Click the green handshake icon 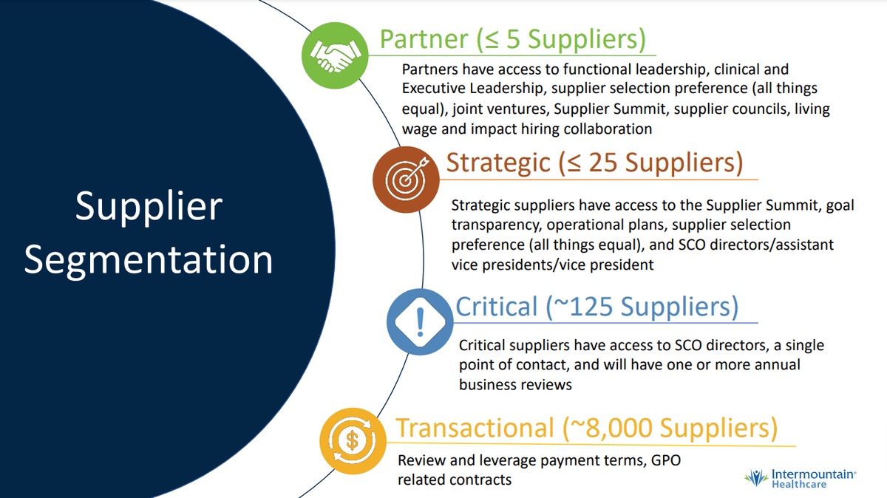click(335, 55)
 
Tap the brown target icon click(406, 180)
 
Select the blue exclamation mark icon click(420, 322)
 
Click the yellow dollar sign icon click(353, 441)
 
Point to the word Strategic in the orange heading click(498, 163)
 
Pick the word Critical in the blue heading click(497, 307)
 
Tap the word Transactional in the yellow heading click(475, 428)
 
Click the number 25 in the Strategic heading click(602, 163)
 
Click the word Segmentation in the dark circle click(149, 260)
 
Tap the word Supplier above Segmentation click(149, 207)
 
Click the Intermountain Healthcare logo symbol click(756, 478)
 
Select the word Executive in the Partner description click(434, 88)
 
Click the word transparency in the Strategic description click(496, 225)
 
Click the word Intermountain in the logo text click(812, 474)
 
